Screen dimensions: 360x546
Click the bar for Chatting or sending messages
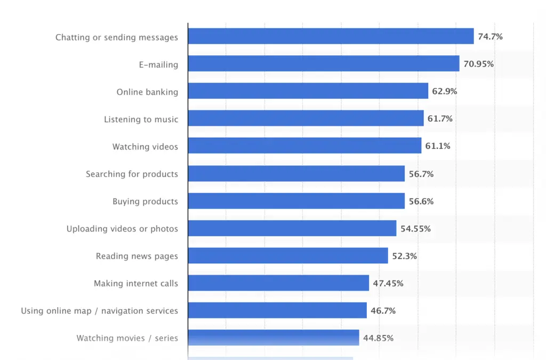coord(331,36)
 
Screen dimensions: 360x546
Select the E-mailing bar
coord(323,63)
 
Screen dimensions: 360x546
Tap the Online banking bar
coord(308,91)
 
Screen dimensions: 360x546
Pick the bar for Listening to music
coord(306,118)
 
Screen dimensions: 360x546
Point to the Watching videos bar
coord(304,146)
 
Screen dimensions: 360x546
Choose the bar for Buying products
coord(296,201)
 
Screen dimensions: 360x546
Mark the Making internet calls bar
coord(278,283)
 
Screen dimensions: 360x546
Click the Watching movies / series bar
coord(274,338)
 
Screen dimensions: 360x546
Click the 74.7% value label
coord(490,37)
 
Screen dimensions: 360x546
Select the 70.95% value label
coord(478,64)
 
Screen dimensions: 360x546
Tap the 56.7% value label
coord(421,174)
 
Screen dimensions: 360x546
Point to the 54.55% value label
coord(415,229)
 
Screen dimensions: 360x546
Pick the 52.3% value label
coord(404,256)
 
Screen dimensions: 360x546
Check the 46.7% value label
coord(383,311)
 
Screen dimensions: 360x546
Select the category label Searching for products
coord(132,174)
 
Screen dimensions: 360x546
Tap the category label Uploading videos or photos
coord(122,229)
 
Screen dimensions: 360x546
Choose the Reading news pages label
coord(136,256)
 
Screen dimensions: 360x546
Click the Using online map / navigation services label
coord(99,311)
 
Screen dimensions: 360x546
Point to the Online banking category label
coord(147,92)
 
